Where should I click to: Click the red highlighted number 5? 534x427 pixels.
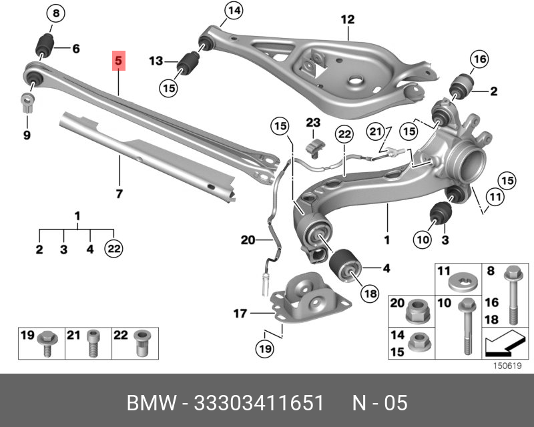point(119,61)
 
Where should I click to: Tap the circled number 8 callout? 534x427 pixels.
point(56,13)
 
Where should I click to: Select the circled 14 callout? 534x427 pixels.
point(234,11)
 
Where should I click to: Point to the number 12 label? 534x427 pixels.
point(347,19)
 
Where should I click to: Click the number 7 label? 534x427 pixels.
point(119,193)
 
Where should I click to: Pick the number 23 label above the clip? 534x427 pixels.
point(313,123)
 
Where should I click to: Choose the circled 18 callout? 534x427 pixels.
point(370,293)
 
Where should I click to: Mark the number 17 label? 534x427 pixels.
point(240,313)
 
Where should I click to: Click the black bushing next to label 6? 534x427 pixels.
point(45,45)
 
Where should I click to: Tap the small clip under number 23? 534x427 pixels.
point(314,149)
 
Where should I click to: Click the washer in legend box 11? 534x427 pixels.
point(463,283)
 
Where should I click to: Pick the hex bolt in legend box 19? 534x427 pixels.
point(47,343)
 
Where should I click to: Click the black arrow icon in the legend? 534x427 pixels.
point(504,342)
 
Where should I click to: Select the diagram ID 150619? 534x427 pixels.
point(507,366)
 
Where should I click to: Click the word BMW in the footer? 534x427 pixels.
point(152,403)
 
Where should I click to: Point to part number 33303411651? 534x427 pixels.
point(258,403)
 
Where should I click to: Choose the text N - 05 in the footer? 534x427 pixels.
point(379,403)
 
